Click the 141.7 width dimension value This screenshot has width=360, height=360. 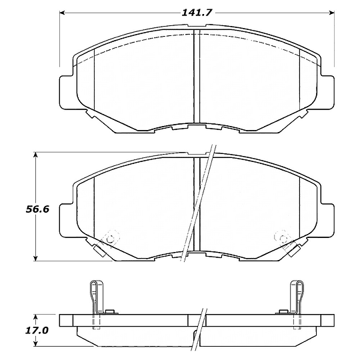[196, 13]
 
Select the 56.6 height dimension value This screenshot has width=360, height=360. [37, 209]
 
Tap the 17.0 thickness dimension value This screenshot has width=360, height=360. [37, 331]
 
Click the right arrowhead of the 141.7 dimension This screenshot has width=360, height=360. [331, 13]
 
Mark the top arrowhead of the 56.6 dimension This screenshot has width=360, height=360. [35, 155]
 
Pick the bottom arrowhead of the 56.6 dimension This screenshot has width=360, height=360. [35, 258]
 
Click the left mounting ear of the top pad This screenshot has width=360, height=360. [67, 92]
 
